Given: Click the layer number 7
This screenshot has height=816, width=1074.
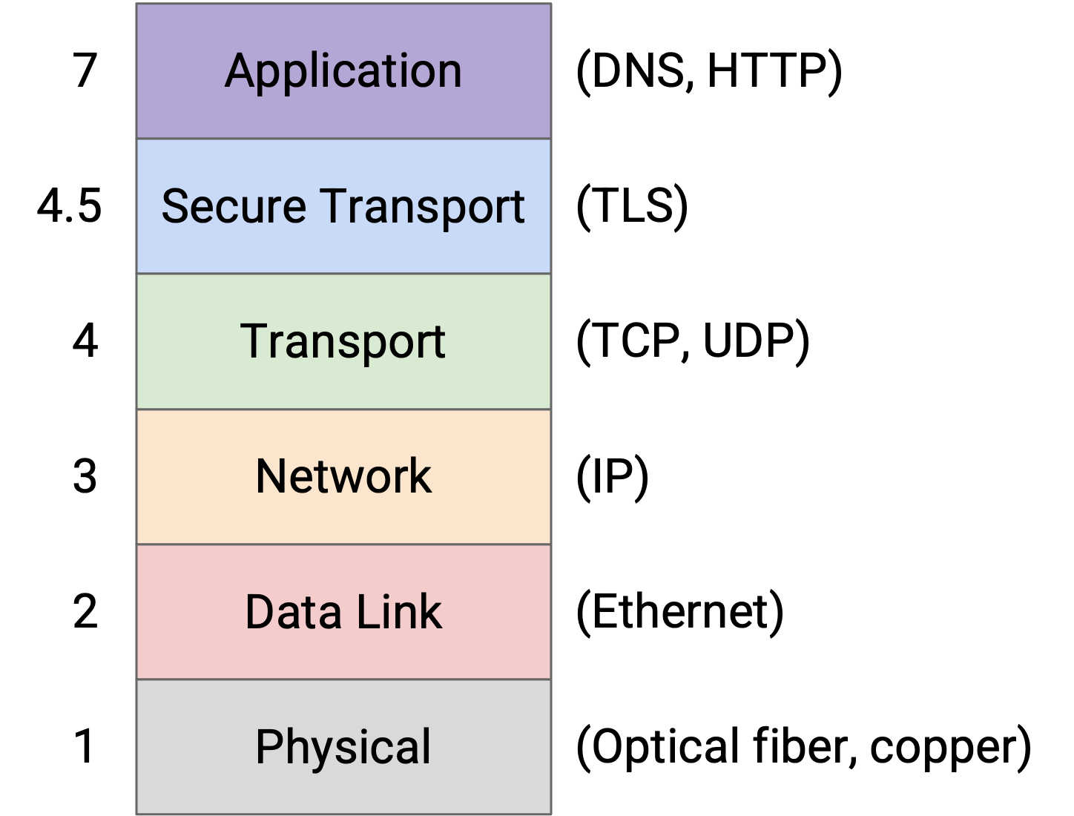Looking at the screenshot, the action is coord(85,70).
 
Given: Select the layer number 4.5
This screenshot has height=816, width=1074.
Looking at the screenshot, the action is coord(70,205).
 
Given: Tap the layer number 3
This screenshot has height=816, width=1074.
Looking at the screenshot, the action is coord(85,476).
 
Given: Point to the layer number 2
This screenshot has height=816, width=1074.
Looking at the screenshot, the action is coord(85,611).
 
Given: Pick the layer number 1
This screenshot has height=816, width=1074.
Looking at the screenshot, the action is coord(84,746).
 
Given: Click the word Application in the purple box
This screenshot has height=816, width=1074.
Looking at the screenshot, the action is coord(343,72).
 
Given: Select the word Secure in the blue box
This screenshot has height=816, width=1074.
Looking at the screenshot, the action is coord(234,206).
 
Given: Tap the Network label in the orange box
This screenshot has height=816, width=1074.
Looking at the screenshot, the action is coord(343,476).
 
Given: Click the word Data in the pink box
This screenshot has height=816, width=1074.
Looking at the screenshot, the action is coord(293,611).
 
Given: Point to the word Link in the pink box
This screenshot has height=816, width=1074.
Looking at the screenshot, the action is coord(399,611).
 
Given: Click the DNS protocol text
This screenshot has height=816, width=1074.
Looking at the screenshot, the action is coord(638,70).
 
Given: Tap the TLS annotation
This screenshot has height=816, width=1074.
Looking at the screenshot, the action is coord(632,205).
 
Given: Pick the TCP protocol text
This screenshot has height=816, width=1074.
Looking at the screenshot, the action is coord(638,340).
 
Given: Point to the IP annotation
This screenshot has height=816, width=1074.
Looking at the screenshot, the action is coord(613,476).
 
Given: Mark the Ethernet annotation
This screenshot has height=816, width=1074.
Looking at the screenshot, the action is coord(680,611).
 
